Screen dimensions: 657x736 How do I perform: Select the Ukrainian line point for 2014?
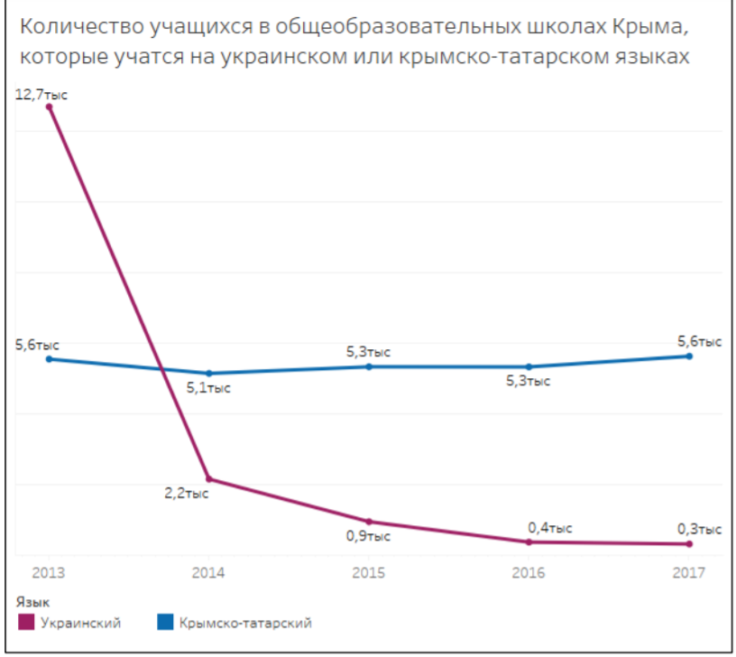point(209,479)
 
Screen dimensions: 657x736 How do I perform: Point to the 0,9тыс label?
point(368,536)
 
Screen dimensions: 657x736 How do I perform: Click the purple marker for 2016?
point(529,541)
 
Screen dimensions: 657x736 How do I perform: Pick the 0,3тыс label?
point(699,530)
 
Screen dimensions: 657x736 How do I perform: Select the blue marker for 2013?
point(50,359)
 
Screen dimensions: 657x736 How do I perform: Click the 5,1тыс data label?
point(209,389)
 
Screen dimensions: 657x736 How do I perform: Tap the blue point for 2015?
point(369,366)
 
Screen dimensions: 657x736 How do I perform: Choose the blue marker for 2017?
point(689,356)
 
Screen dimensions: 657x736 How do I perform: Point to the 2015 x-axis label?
point(368,573)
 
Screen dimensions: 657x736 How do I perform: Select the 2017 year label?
point(689,573)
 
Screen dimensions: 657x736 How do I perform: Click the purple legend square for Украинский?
point(26,622)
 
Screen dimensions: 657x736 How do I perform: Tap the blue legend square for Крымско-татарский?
point(165,622)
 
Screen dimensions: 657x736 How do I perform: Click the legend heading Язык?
point(32,600)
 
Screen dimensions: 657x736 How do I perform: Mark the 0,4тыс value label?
point(549,528)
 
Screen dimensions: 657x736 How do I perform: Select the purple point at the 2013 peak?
point(50,106)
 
